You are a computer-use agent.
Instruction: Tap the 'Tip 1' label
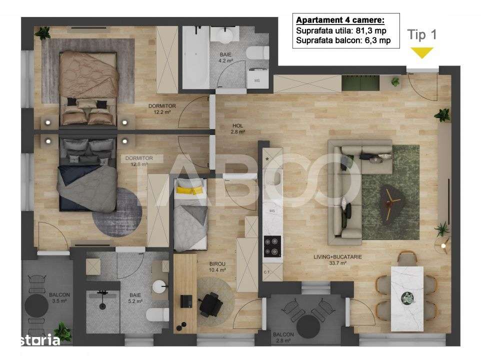click(x=422, y=35)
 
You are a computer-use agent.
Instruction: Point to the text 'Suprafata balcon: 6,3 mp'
click(x=343, y=40)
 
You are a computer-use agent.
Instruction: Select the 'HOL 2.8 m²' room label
click(x=238, y=129)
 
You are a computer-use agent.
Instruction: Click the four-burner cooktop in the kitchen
click(x=272, y=246)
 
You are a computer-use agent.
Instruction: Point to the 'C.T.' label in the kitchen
click(x=267, y=272)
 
